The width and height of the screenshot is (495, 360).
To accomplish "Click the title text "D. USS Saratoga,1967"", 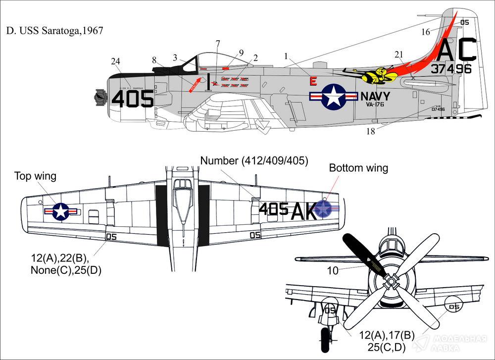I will point(55,31).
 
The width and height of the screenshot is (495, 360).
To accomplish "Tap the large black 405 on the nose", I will point(132,99).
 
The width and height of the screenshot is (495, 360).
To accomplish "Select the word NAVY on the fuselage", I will point(375,96).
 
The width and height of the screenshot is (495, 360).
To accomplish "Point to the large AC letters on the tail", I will point(457,50).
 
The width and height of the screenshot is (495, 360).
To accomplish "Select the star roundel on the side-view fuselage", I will point(333,96).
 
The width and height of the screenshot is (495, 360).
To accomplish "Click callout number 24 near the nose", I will point(115,61).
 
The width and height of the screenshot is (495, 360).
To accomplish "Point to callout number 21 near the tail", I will point(399,54).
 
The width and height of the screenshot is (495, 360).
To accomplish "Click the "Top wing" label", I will point(35,176).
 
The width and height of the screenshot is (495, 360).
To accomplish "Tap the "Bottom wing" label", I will point(358,168).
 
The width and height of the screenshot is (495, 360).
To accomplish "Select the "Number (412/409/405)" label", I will point(254,160).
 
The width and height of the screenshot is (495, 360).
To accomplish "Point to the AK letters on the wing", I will point(303,211).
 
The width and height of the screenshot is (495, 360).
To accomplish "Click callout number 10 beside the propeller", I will point(333,271).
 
